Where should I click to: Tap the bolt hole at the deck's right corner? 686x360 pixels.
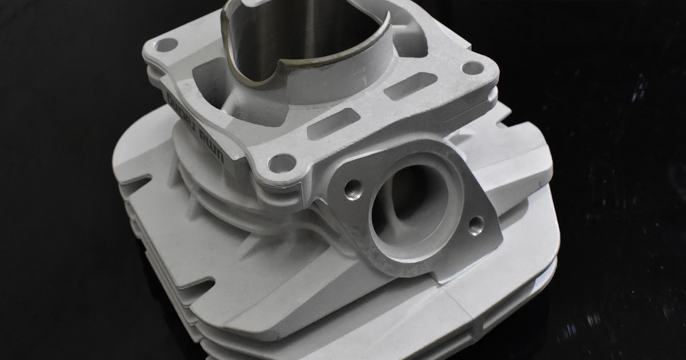pyautogui.click(x=472, y=68)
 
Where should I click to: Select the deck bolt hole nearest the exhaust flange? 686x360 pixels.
pyautogui.click(x=282, y=163)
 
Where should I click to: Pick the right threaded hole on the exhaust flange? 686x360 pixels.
pyautogui.click(x=476, y=225)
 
